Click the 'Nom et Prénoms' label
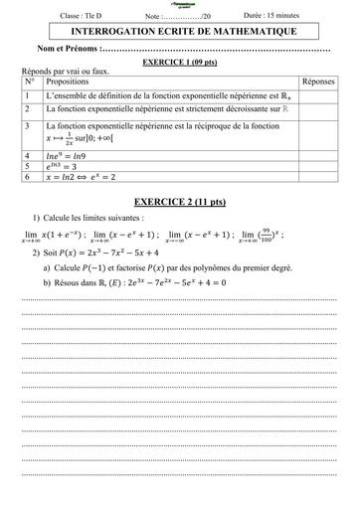68,49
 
